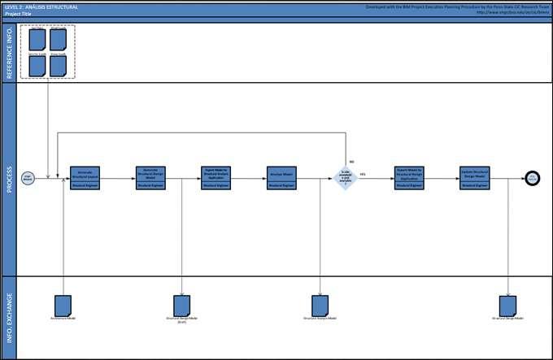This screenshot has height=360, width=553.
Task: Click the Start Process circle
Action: point(28,178)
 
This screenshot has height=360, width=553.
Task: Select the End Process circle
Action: point(533,178)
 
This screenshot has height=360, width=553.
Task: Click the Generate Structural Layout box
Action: point(85,178)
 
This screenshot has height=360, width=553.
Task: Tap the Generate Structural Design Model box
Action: point(150,178)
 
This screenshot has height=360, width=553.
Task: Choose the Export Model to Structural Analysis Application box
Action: point(216,178)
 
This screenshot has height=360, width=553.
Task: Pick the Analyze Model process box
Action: point(281,178)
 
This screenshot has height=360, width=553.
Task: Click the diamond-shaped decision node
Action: point(345,178)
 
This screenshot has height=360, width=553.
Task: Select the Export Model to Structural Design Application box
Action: point(409,178)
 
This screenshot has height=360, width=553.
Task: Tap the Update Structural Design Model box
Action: point(474,178)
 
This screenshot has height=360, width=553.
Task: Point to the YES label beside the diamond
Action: point(363,174)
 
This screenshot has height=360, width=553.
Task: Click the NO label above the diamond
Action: point(351,162)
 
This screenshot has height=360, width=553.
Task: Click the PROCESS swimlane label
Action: point(9,180)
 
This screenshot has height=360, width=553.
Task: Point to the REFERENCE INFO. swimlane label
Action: point(9,51)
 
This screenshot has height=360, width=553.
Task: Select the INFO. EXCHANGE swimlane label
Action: point(9,316)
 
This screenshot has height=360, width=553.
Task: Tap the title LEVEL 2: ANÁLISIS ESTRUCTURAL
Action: point(41,7)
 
